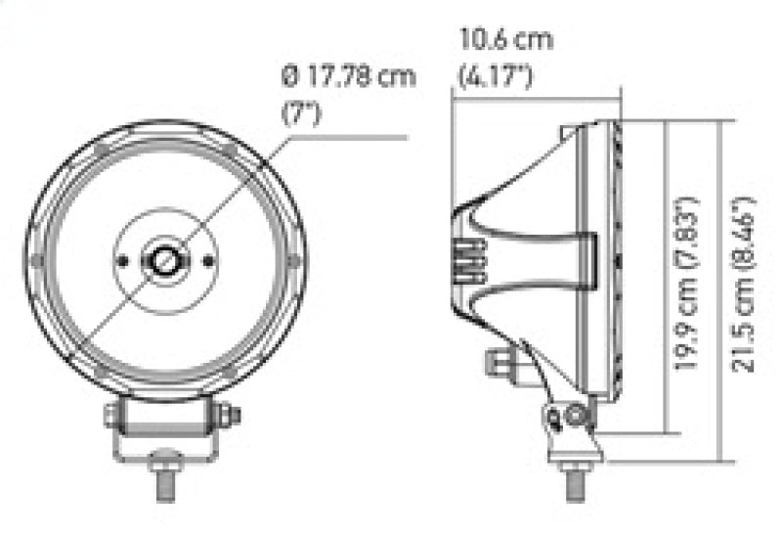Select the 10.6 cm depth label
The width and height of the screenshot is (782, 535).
click(506, 41)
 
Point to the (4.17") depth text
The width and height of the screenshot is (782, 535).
click(496, 75)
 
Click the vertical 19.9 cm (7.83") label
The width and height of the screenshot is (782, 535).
click(689, 284)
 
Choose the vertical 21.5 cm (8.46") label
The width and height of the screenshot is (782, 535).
click(746, 284)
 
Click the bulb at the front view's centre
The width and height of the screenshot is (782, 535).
click(165, 260)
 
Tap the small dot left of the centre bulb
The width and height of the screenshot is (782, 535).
click(124, 260)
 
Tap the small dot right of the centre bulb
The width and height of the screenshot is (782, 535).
click(207, 260)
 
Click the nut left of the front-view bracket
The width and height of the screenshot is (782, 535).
click(109, 416)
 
